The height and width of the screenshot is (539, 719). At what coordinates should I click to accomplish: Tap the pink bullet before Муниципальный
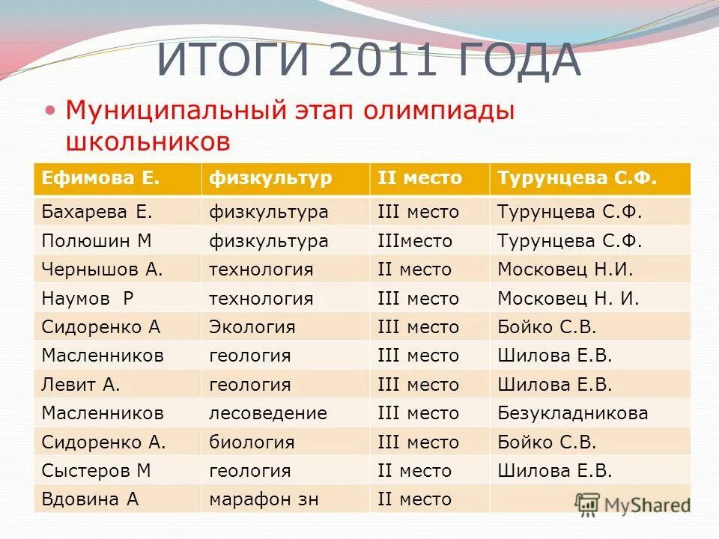coord(50,110)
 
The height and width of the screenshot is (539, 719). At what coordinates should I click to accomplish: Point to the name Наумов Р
coord(88,299)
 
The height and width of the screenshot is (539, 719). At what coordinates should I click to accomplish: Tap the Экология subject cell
coord(252,327)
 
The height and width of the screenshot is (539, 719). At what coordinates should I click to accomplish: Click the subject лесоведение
coord(268,412)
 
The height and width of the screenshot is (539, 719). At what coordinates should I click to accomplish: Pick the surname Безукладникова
coord(573,412)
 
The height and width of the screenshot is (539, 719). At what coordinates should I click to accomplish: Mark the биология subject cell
coord(252,442)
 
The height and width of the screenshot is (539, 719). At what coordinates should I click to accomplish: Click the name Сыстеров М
coord(97,471)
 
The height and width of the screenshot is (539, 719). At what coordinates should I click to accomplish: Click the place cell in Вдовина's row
coord(415,499)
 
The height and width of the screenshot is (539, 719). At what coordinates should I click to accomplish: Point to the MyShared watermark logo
coord(632,504)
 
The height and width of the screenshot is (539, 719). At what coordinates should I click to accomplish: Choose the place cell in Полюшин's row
coord(415,241)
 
